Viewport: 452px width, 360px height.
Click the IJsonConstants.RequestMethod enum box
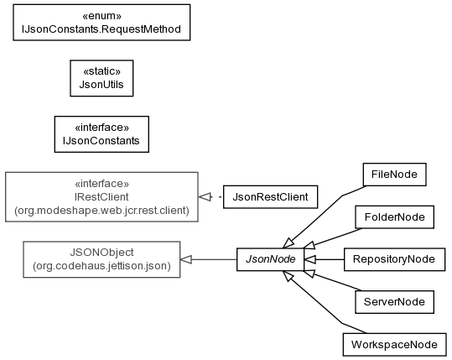point(101,22)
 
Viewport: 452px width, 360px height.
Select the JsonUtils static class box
point(101,78)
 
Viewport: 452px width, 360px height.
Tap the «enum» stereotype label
point(101,16)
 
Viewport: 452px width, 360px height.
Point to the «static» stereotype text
point(101,71)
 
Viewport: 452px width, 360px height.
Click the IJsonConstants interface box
point(101,134)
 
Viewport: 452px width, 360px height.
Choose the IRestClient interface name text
point(101,197)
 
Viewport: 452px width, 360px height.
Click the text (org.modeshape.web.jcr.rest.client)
point(101,211)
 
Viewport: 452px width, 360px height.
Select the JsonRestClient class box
point(270,197)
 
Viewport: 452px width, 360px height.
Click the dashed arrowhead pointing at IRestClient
point(204,197)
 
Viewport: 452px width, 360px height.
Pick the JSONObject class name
point(101,253)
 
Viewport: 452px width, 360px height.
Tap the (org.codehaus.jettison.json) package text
point(101,266)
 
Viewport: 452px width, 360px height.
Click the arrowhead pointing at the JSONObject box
point(186,259)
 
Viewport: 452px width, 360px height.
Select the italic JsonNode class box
point(270,259)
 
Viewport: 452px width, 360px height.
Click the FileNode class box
point(394,175)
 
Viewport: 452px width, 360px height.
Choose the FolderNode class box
point(394,217)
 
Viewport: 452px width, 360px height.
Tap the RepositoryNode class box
point(394,259)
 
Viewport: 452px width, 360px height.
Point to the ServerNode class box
point(394,302)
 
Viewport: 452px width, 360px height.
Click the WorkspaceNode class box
point(394,344)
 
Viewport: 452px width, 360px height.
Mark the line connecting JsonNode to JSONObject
point(208,259)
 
